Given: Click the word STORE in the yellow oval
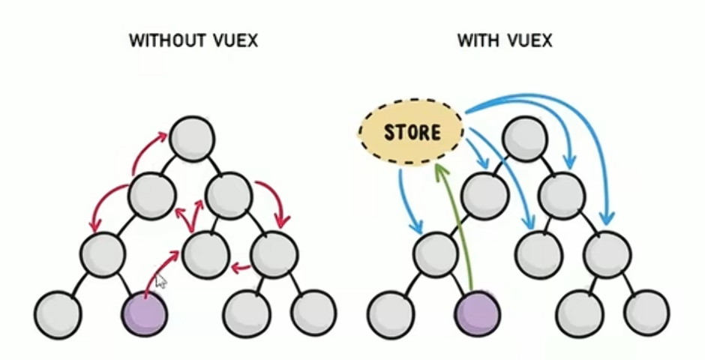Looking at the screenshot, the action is [412, 132].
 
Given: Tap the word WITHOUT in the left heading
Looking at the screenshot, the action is [160, 40].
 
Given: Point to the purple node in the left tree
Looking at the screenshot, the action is [145, 313].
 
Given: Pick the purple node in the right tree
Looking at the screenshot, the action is [478, 313].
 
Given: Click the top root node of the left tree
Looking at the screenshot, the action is [193, 139].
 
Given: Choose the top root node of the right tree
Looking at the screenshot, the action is [525, 139].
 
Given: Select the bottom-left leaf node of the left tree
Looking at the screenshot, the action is [58, 314].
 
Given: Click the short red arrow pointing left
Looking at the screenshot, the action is [241, 268].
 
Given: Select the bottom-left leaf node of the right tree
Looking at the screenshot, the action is [391, 314].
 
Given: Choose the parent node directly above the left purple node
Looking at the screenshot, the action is [103, 254].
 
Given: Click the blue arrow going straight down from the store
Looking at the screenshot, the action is [406, 202].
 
